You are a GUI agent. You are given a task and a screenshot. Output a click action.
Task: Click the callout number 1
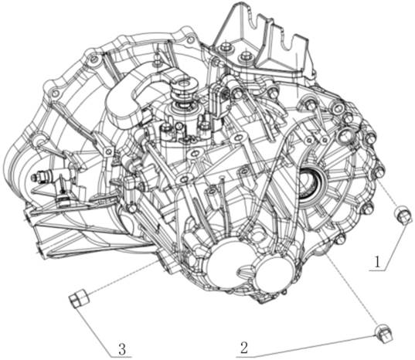point(377,262)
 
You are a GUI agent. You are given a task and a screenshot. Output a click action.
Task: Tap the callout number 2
point(244,348)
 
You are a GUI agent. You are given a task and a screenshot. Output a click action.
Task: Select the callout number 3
point(122,349)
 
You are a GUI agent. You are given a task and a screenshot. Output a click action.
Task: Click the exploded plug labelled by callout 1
point(403,215)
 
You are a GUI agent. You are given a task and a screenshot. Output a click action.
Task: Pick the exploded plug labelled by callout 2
point(384,334)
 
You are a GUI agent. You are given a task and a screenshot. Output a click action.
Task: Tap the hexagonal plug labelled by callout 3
point(80,298)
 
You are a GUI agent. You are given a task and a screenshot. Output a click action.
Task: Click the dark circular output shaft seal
point(310,185)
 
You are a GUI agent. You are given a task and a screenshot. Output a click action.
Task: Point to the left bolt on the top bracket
point(226,48)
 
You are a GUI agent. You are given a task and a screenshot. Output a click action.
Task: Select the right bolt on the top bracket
point(244,56)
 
